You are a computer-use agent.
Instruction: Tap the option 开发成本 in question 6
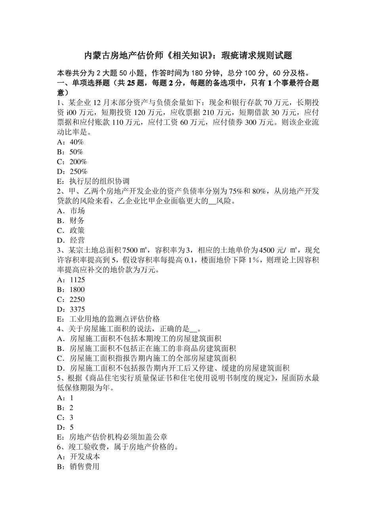(x=85, y=457)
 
